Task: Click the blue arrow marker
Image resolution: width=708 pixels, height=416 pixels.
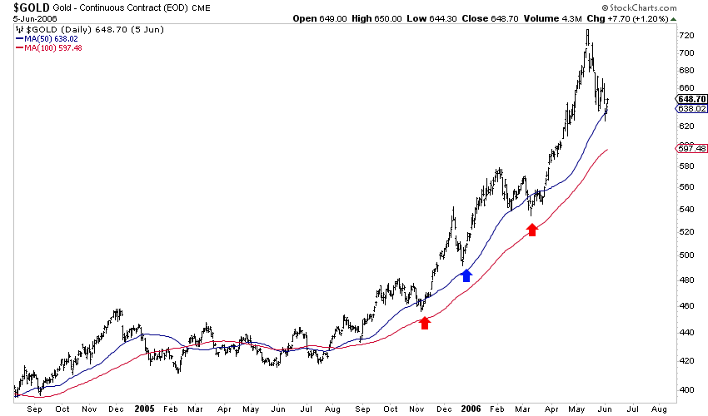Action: coord(466,275)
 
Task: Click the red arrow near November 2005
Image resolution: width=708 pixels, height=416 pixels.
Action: coord(425,323)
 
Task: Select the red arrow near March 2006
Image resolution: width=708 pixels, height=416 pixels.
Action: coord(532,230)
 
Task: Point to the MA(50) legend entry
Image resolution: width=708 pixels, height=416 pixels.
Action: coord(48,37)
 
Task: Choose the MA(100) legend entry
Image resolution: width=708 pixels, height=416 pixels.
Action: coord(51,47)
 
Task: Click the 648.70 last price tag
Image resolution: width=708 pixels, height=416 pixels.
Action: coord(693,99)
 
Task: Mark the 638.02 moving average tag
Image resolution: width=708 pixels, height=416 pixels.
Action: coord(693,108)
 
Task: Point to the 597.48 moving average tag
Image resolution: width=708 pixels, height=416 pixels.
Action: coord(693,148)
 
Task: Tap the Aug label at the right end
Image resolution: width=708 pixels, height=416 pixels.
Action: coord(659,409)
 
